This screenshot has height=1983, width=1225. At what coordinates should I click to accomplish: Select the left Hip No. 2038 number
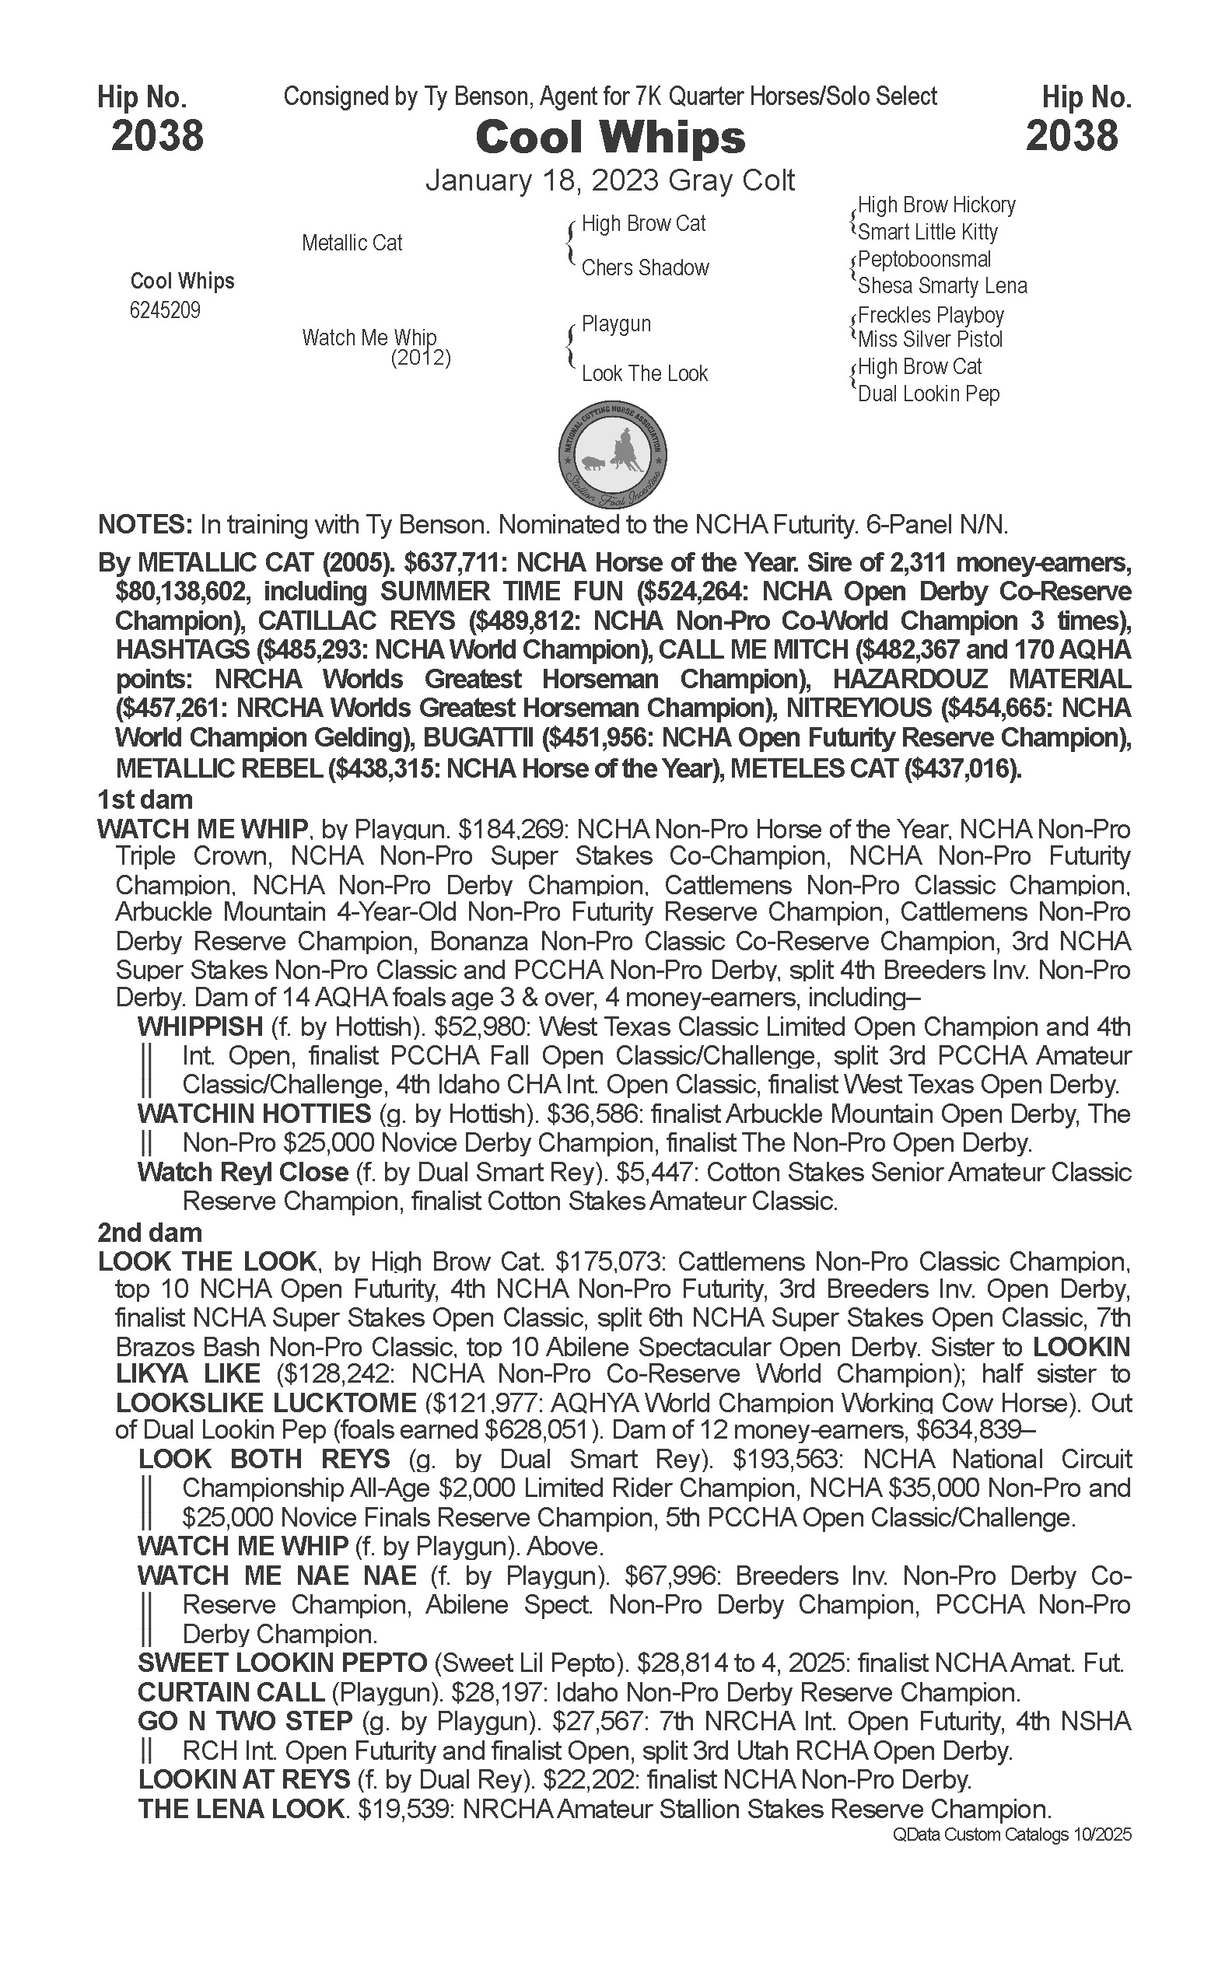click(157, 135)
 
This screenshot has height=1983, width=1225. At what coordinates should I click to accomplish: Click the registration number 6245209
click(165, 311)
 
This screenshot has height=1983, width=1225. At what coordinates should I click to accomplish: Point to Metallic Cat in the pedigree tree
click(352, 243)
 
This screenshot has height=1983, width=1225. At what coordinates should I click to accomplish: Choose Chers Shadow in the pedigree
click(645, 268)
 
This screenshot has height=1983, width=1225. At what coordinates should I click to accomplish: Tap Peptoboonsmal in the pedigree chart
click(924, 260)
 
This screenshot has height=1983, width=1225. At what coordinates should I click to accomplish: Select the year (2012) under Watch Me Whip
click(421, 358)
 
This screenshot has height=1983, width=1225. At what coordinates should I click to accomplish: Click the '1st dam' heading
click(145, 800)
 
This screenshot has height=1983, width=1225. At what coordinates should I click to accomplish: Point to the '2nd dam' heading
click(150, 1233)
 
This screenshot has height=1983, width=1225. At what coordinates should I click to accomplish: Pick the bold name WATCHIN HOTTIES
click(254, 1114)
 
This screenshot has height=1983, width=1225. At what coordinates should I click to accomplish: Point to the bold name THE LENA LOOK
click(241, 1809)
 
